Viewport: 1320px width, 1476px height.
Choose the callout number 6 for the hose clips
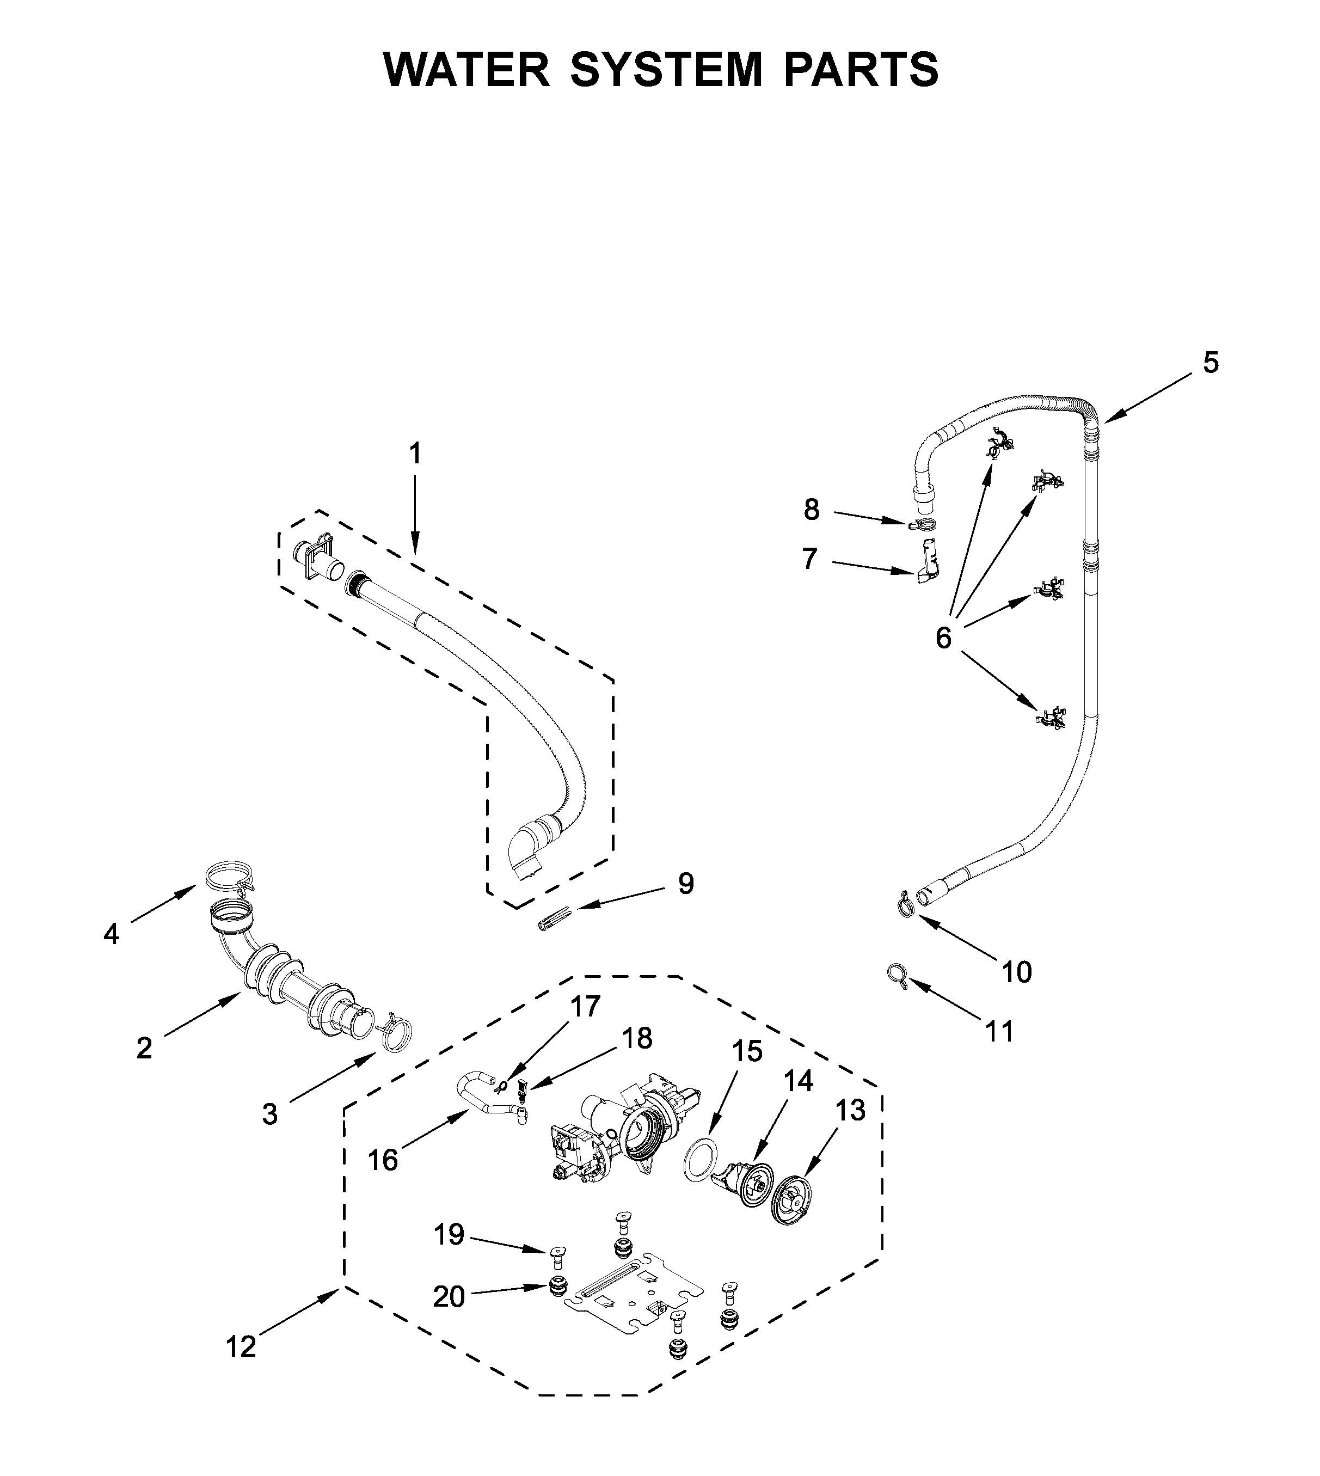tap(943, 638)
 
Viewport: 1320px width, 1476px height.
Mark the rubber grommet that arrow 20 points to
tap(557, 1288)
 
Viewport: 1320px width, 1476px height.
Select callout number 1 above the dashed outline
tap(414, 454)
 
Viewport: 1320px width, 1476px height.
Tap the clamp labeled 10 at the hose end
tap(904, 904)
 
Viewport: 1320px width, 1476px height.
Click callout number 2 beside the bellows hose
tap(144, 1048)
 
